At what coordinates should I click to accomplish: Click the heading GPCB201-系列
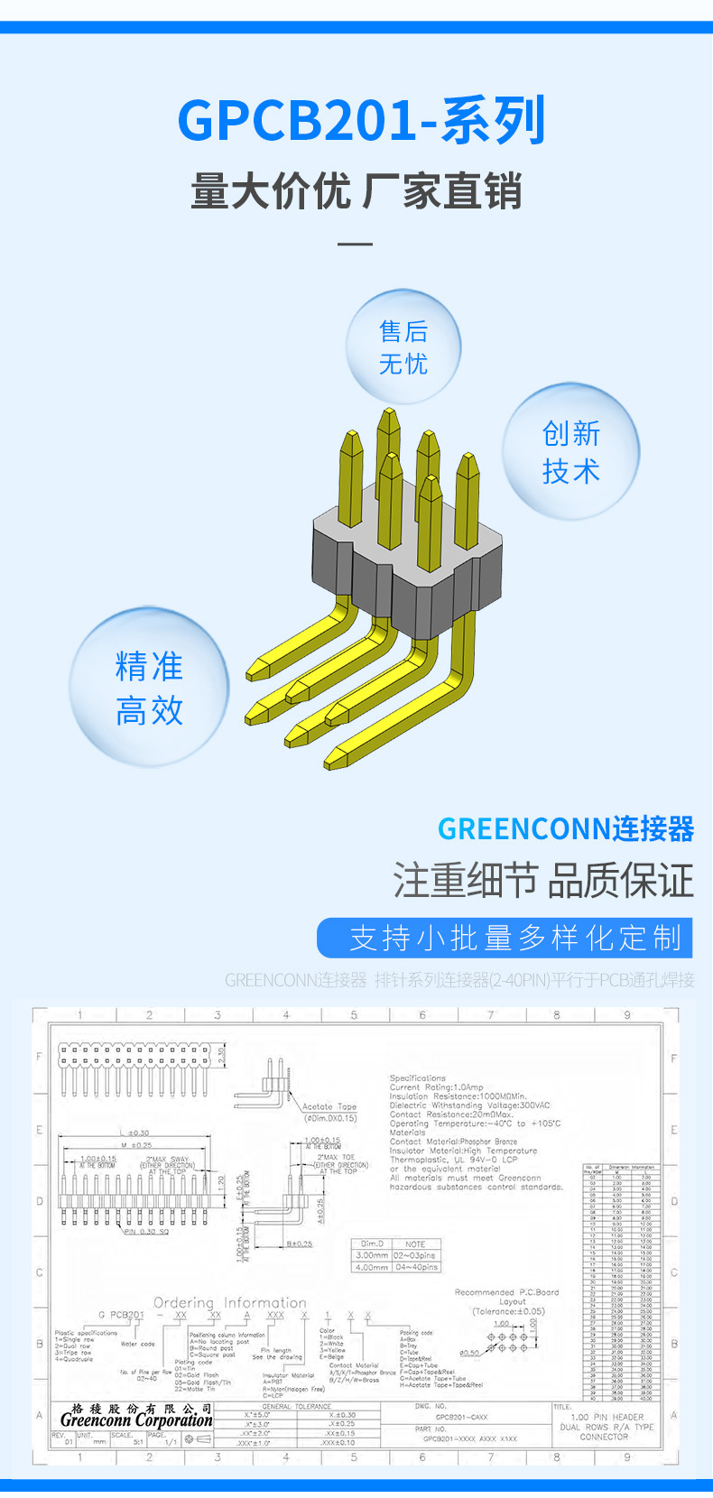point(361,121)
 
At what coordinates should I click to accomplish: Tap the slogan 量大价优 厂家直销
point(356,191)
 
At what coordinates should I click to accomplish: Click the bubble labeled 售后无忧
point(403,347)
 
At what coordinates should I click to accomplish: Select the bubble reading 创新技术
point(570,451)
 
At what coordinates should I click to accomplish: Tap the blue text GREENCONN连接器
point(566,828)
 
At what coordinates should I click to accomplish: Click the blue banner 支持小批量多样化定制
point(505,938)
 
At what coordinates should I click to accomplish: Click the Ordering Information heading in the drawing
point(230,1302)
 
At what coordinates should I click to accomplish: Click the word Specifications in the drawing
point(418,1077)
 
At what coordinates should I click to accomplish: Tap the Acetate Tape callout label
point(329,1106)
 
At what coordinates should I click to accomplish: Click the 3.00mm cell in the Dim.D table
point(371,1255)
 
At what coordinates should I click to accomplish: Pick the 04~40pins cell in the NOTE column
point(416,1267)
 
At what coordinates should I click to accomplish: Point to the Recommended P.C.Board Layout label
point(507,1297)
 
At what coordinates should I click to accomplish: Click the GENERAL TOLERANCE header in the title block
point(297,1406)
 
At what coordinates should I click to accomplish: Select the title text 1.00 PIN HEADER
point(605,1417)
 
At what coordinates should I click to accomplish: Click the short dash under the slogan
point(355,244)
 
